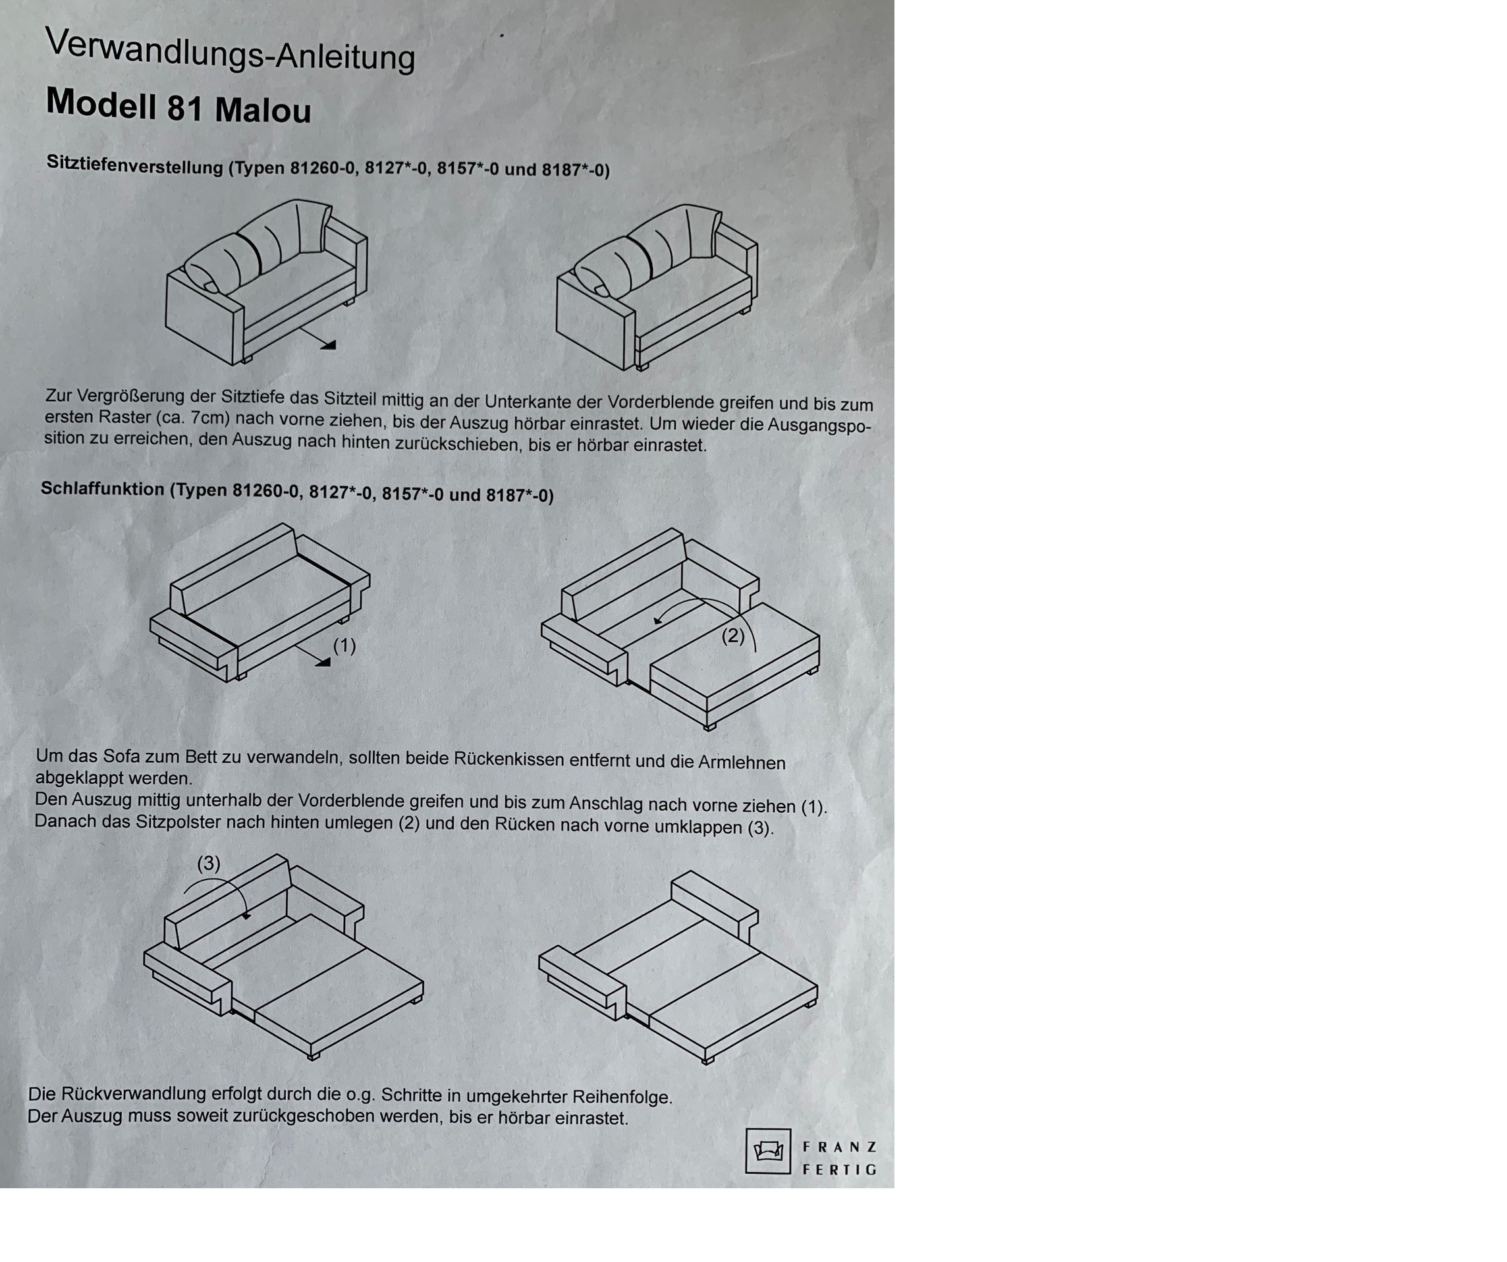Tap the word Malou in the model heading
(x=263, y=111)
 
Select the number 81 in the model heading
(x=185, y=107)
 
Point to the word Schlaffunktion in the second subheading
(x=103, y=489)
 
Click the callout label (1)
(x=344, y=645)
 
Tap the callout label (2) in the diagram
(x=732, y=636)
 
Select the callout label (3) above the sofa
(x=209, y=863)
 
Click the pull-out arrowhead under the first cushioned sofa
(x=328, y=345)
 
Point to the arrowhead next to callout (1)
(x=323, y=662)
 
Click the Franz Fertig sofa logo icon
(x=768, y=1151)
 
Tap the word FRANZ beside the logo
(x=839, y=1147)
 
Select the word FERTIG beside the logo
(x=839, y=1169)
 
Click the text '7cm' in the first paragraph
(x=210, y=418)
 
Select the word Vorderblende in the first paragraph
(x=661, y=402)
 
